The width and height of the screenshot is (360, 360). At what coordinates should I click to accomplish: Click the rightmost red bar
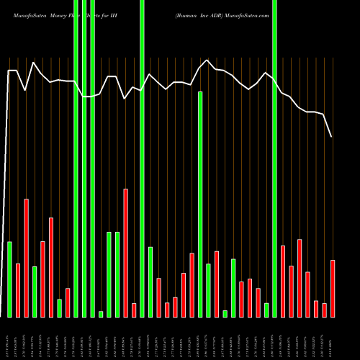[x=333, y=288]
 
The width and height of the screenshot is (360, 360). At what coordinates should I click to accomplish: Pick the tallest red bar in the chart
[x=126, y=253]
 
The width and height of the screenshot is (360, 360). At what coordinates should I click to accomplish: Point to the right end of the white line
[x=332, y=137]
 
